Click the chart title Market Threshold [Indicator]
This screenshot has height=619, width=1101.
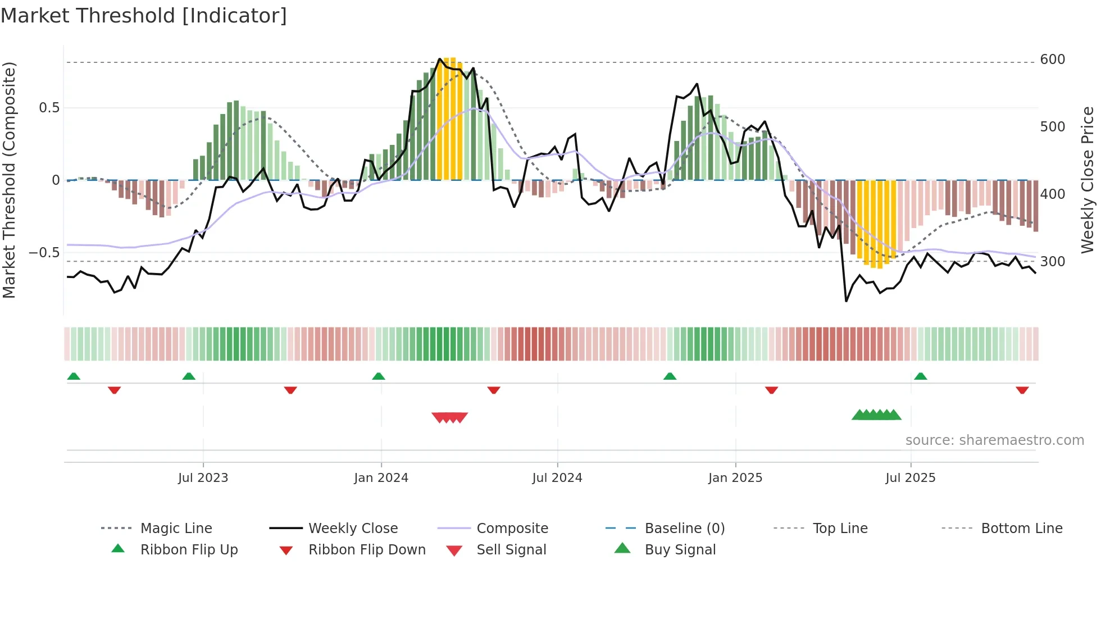click(144, 16)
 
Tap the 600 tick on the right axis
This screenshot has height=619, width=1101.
click(1052, 60)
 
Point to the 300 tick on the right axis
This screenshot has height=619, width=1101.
click(1052, 262)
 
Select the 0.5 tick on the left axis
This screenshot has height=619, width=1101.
click(49, 108)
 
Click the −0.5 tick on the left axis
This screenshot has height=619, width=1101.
click(44, 253)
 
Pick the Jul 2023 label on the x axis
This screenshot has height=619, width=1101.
click(203, 478)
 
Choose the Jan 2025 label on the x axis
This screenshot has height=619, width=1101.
click(735, 478)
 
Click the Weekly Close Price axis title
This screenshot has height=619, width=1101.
click(1088, 180)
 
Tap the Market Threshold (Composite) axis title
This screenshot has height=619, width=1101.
click(9, 180)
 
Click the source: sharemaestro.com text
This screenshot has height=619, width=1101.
click(994, 440)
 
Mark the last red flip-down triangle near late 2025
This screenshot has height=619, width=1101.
click(1022, 390)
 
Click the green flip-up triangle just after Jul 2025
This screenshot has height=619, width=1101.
click(920, 376)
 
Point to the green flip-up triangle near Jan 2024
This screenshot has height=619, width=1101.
click(379, 376)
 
